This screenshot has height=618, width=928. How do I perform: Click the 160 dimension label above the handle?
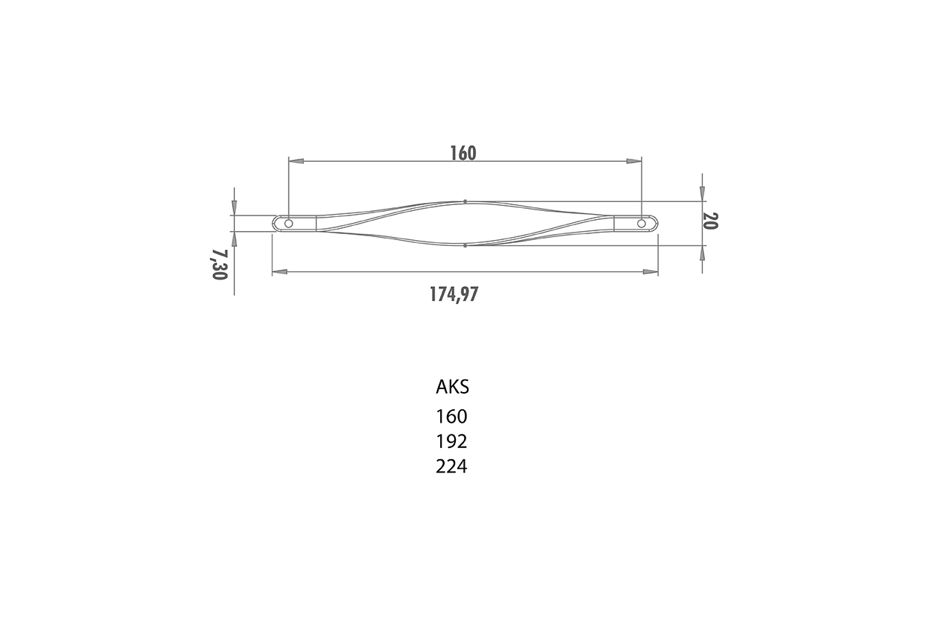(463, 153)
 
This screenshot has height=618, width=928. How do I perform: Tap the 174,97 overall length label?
(454, 294)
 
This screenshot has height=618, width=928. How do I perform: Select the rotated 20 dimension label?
(711, 221)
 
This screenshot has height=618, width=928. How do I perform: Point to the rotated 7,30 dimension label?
(219, 265)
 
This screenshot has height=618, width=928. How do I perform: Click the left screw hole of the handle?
(289, 224)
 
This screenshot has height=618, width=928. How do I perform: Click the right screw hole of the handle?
(642, 224)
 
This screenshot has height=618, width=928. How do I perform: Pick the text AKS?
(452, 387)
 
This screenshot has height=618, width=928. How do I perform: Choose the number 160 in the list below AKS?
(451, 417)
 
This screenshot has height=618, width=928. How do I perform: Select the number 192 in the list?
(451, 441)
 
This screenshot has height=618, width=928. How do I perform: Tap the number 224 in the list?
(451, 467)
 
